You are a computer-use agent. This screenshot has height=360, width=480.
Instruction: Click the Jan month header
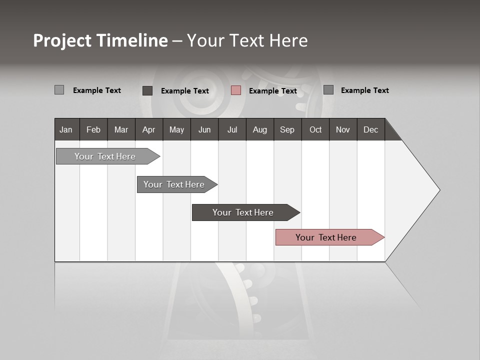click(66, 129)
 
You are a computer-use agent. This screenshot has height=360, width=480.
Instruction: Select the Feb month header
click(93, 129)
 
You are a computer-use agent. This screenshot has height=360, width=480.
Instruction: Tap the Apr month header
click(148, 129)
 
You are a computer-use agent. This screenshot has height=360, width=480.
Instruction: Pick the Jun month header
click(204, 129)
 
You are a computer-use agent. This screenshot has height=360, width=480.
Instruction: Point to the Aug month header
click(259, 129)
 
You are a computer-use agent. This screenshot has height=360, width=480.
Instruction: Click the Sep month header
click(287, 129)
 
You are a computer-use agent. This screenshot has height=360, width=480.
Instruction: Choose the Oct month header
click(315, 129)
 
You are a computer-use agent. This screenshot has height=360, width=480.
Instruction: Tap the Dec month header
click(370, 129)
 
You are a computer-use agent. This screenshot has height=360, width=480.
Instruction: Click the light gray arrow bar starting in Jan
click(105, 156)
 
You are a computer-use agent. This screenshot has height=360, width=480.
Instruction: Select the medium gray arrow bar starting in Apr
click(174, 184)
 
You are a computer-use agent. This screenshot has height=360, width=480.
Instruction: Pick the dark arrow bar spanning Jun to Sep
click(243, 212)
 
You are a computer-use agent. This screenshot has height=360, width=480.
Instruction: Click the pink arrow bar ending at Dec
click(326, 237)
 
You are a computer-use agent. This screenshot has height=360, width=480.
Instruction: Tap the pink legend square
click(236, 90)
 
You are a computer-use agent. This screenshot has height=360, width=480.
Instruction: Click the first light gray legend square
click(59, 90)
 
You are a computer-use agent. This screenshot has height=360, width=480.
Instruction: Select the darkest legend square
click(147, 90)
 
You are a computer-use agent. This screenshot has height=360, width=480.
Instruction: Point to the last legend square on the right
click(328, 90)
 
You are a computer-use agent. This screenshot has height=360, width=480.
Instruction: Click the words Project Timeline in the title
click(100, 40)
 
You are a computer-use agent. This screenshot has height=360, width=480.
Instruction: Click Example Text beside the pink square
click(272, 91)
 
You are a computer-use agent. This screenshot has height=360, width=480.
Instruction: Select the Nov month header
click(342, 129)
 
